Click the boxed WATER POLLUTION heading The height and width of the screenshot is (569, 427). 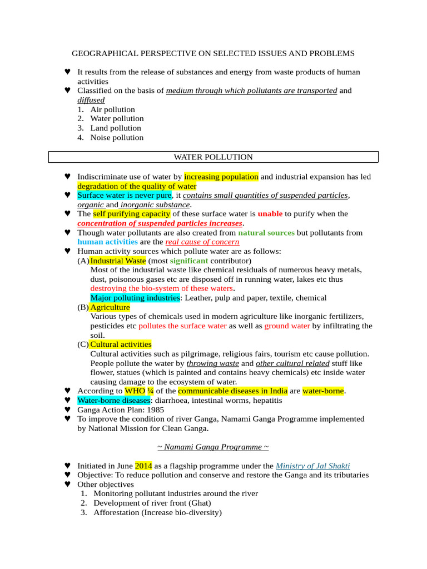pos(213,157)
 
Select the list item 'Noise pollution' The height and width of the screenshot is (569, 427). pos(117,137)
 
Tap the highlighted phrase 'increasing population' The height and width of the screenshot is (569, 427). pos(221,177)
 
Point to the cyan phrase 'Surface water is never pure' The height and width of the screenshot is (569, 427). pos(125,196)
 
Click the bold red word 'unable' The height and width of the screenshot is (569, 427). pos(270,214)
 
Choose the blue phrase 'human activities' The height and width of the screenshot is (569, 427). pos(107,242)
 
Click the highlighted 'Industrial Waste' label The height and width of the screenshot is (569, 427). pos(118,261)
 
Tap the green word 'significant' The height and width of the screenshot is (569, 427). pos(189,261)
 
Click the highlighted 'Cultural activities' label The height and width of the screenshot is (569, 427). pos(121,345)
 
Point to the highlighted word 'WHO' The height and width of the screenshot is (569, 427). pos(134,391)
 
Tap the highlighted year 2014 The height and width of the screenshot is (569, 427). pos(143,466)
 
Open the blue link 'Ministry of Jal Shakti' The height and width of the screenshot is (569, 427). pos(312,466)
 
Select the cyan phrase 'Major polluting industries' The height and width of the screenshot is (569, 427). pos(135,298)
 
